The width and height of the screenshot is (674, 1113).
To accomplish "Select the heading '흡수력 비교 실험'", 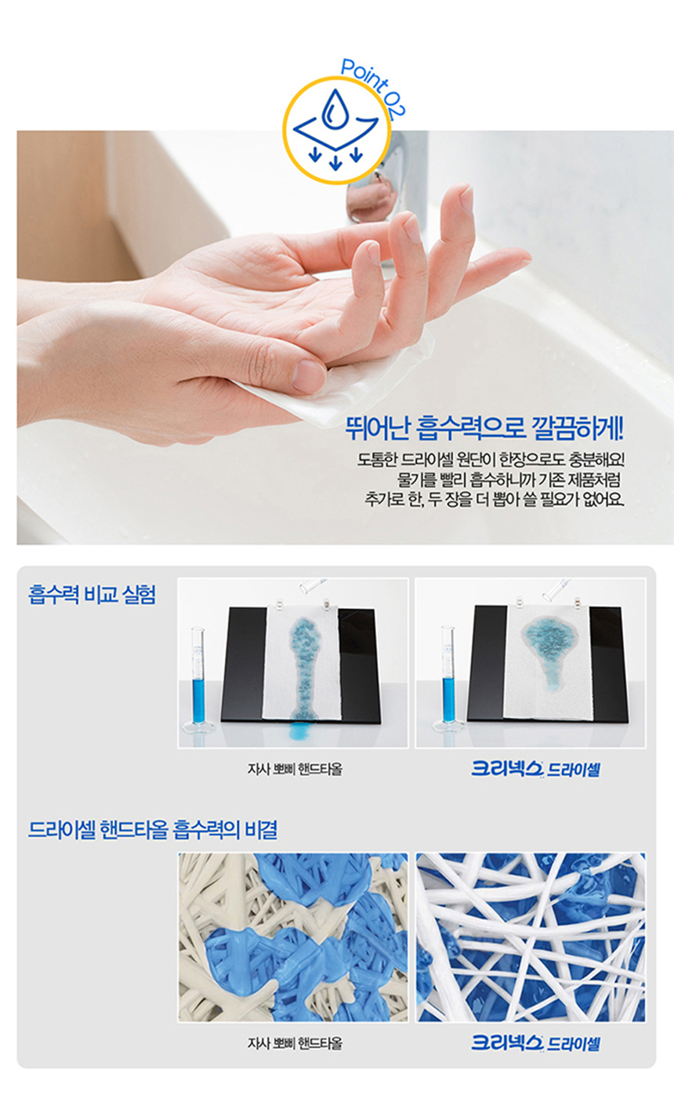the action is click(92, 594).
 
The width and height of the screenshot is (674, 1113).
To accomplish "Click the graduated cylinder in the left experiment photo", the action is click(200, 679).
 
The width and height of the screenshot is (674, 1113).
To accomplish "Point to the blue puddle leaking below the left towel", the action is click(299, 731).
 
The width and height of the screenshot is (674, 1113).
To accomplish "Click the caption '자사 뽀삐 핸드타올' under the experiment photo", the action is click(295, 770).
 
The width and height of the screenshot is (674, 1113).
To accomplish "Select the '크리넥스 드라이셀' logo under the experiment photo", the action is click(535, 769).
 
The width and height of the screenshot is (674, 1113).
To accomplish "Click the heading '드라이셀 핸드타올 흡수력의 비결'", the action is click(153, 829).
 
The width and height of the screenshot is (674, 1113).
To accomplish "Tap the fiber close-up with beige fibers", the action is click(293, 937).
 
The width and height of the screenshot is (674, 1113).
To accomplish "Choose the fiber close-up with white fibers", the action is click(531, 937).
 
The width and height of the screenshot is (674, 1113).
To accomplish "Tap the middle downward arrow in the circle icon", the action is click(335, 162).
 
